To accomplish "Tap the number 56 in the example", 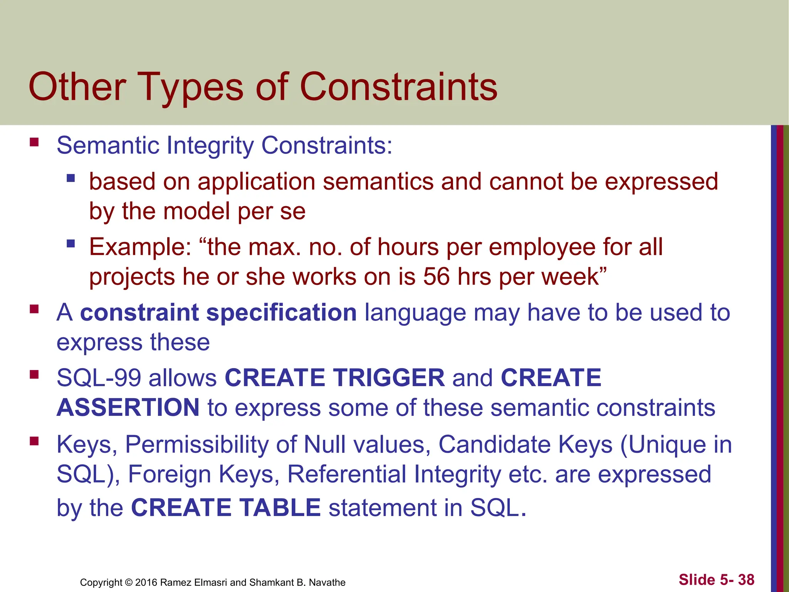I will (x=436, y=276).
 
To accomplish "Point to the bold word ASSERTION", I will (x=128, y=407).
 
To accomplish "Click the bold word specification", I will (x=282, y=312).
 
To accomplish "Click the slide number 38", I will (x=746, y=580).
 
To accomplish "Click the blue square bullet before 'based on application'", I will (x=71, y=178).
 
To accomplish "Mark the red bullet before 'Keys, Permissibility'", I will (x=34, y=441).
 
